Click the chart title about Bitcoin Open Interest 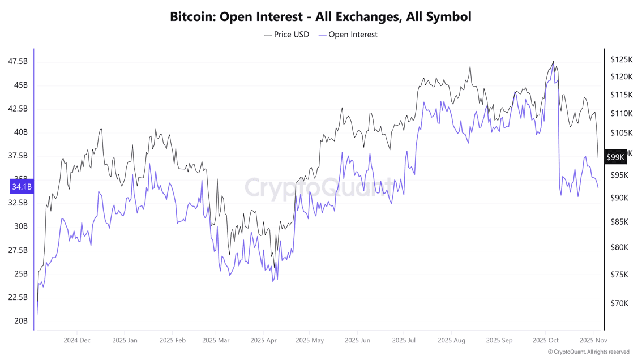320,16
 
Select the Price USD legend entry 286,35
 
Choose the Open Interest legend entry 348,35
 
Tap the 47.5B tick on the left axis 18,61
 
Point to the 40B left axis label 21,132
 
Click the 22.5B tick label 18,297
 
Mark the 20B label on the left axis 21,321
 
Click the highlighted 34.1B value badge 22,187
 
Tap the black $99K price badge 615,157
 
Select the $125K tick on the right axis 622,59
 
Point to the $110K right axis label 622,114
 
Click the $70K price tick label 619,303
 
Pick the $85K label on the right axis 619,222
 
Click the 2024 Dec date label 77,341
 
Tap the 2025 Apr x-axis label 263,341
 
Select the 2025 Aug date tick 451,341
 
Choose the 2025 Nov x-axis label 593,341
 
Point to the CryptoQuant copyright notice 588,352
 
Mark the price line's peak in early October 553,62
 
